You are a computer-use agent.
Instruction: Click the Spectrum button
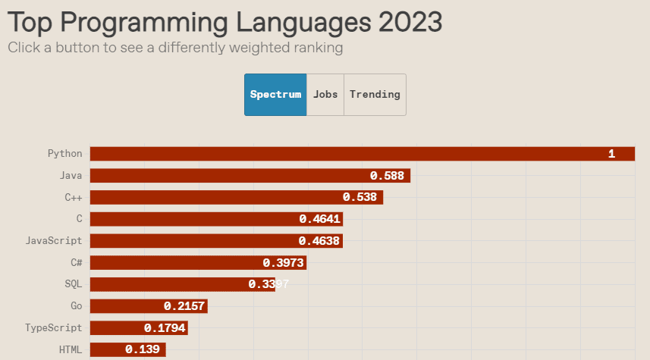[275, 95]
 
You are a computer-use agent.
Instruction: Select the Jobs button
[325, 95]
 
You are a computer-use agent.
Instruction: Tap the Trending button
[375, 95]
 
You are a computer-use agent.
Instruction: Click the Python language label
[64, 154]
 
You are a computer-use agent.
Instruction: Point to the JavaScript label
[54, 241]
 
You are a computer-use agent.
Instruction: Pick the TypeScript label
[53, 328]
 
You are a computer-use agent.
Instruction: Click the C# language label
[76, 263]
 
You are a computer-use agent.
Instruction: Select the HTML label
[71, 350]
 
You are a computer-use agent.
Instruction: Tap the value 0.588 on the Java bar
[387, 176]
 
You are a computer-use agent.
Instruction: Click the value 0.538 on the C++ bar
[360, 197]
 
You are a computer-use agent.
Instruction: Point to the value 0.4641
[319, 219]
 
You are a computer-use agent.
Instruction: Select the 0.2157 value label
[184, 306]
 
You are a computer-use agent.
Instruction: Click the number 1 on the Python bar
[611, 154]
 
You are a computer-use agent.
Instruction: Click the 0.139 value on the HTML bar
[142, 350]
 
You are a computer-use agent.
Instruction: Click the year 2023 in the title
[410, 21]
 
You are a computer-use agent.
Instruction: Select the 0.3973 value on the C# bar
[283, 263]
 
